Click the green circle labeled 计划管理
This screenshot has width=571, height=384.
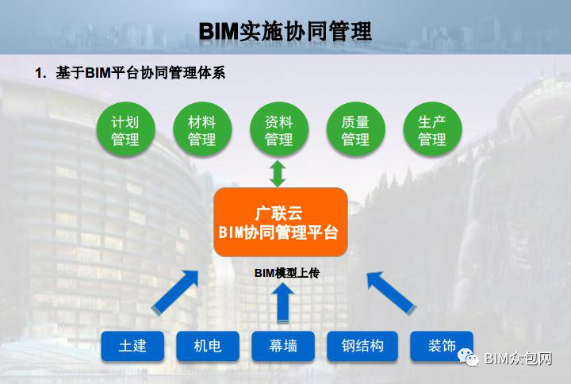pos(125,129)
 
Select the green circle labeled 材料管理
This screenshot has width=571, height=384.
pos(202,129)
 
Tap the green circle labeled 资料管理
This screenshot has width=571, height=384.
pos(279,129)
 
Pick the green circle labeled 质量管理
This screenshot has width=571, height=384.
pos(356,129)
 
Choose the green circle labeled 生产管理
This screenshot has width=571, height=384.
pos(433,129)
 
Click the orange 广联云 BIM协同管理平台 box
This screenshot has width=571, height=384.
pos(281,222)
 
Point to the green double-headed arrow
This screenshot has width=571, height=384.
pos(278,173)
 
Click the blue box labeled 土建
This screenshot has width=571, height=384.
pos(132,346)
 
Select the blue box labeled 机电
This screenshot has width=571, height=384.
pos(208,346)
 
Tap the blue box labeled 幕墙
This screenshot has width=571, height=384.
pos(283,346)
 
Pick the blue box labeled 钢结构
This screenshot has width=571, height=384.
pos(362,346)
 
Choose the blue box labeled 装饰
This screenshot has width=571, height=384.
pos(442,346)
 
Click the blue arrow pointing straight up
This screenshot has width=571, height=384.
pos(283,303)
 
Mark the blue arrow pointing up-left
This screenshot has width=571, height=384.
pos(391,292)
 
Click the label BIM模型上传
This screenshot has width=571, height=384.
pos(287,272)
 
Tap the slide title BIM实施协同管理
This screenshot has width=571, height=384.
pos(285,31)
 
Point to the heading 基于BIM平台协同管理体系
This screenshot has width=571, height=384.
pos(140,73)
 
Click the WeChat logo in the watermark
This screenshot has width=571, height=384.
pos(469,357)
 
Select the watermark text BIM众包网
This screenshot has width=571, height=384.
pos(518,359)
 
